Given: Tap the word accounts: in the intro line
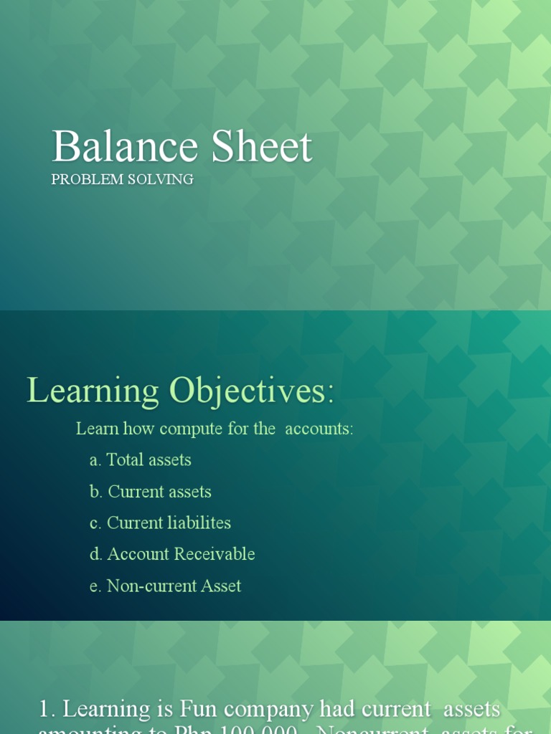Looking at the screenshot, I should [319, 429].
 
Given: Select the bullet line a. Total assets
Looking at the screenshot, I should [141, 459].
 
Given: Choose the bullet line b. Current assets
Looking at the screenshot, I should [151, 492].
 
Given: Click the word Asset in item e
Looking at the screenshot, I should [221, 586].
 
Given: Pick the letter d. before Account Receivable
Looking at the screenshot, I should [96, 554].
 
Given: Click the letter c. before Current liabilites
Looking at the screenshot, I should [95, 523].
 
